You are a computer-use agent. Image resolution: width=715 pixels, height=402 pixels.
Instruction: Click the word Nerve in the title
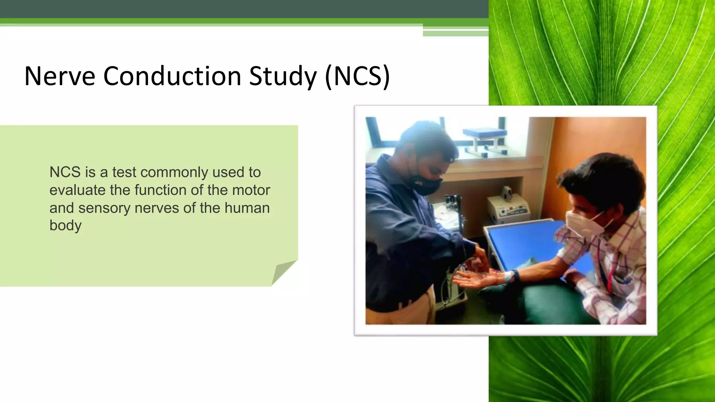coord(60,76)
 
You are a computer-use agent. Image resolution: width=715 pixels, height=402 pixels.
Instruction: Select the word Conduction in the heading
coord(172,76)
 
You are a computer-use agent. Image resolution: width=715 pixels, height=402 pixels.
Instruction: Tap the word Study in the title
coord(283,76)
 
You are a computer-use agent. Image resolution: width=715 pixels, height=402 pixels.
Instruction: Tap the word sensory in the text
coord(104,208)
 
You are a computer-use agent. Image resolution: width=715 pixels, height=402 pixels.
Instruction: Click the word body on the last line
coord(65,225)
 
